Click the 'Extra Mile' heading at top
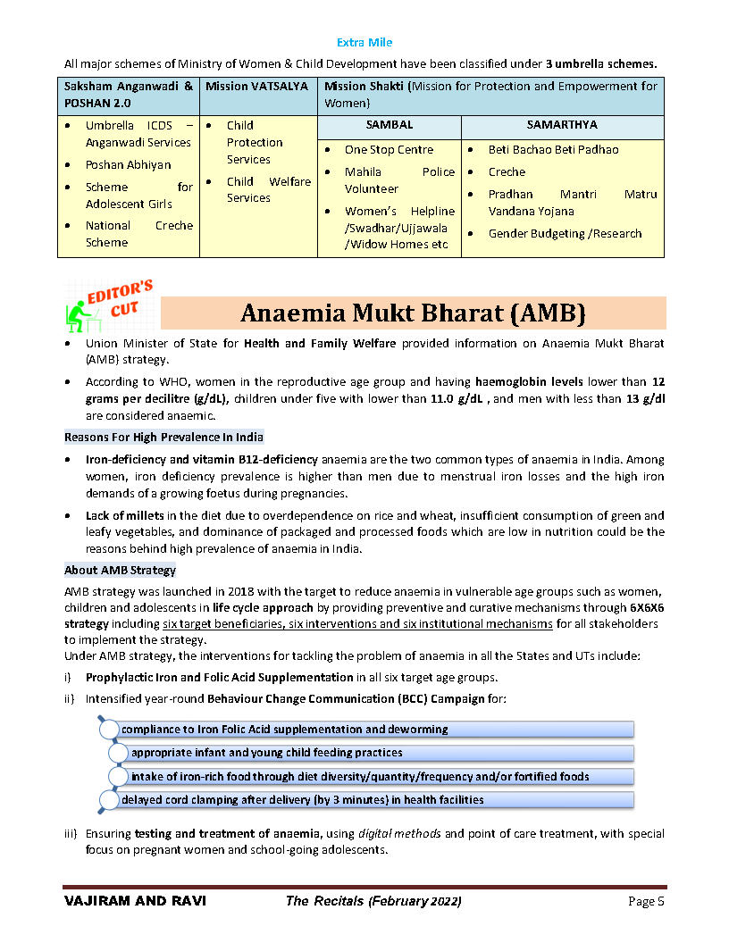tap(364, 42)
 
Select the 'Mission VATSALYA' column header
tap(256, 87)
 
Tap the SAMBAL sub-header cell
tap(390, 125)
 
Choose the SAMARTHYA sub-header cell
tap(562, 125)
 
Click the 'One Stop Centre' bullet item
tap(389, 150)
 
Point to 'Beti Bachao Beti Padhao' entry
tap(553, 150)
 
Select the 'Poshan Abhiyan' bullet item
tap(128, 165)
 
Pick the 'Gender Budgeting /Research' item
tap(565, 234)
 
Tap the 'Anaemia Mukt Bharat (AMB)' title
tap(413, 313)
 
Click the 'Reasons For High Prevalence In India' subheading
tap(163, 438)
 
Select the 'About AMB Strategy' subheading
tap(120, 571)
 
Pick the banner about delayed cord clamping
tap(302, 800)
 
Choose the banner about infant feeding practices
tap(266, 753)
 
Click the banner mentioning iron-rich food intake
tap(359, 777)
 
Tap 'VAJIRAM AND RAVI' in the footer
tap(135, 902)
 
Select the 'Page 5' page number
tap(646, 902)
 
